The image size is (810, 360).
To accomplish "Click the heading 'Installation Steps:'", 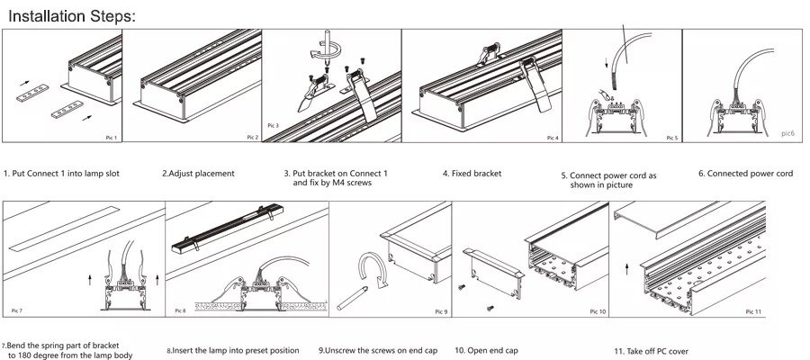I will pyautogui.click(x=71, y=15).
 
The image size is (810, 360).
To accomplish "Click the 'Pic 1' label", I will pyautogui.click(x=110, y=138).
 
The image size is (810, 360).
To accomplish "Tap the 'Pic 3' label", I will pyautogui.click(x=274, y=125).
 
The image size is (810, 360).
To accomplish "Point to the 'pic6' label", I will pyautogui.click(x=787, y=132).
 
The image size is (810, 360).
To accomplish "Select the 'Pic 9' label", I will pyautogui.click(x=439, y=311).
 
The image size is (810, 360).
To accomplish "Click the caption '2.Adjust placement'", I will pyautogui.click(x=198, y=173).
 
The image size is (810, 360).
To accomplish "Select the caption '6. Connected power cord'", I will pyautogui.click(x=745, y=173).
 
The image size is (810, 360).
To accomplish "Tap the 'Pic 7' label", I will pyautogui.click(x=16, y=310).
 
